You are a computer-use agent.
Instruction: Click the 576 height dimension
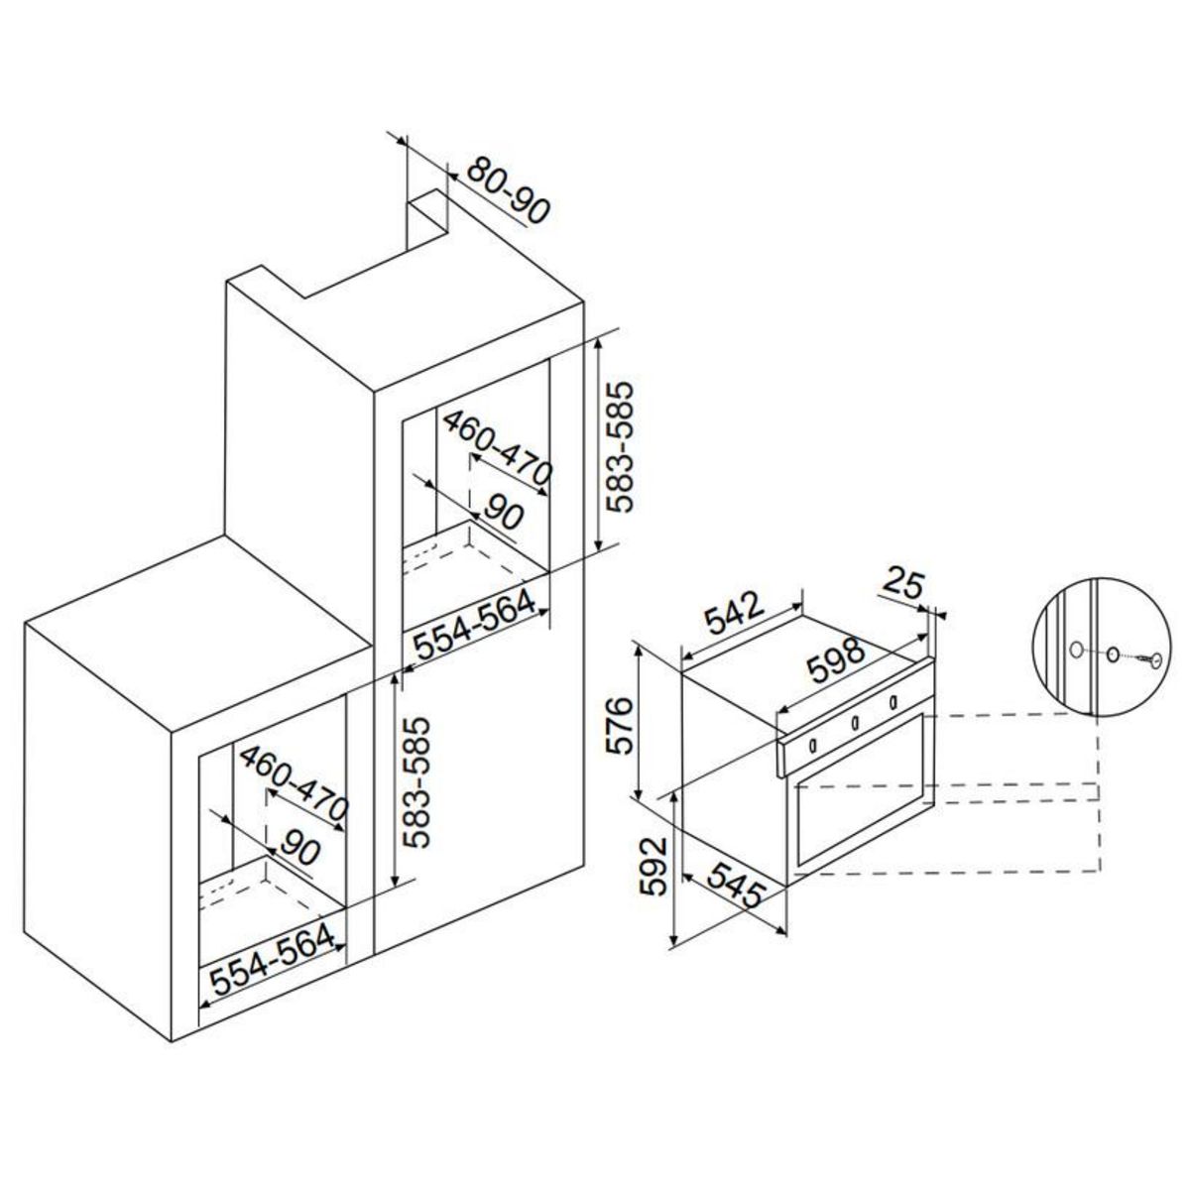pos(617,726)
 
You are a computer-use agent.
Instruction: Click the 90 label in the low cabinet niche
pos(298,849)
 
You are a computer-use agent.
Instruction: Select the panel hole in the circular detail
pos(1075,650)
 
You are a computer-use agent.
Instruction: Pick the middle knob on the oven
pos(853,724)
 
